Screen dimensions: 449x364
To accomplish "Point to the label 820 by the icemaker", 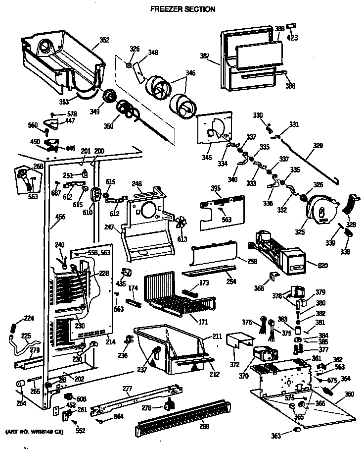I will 323,266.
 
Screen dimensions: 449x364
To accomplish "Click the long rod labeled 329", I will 307,159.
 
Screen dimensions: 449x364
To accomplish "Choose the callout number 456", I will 60,216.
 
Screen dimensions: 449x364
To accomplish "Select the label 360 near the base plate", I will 349,394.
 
